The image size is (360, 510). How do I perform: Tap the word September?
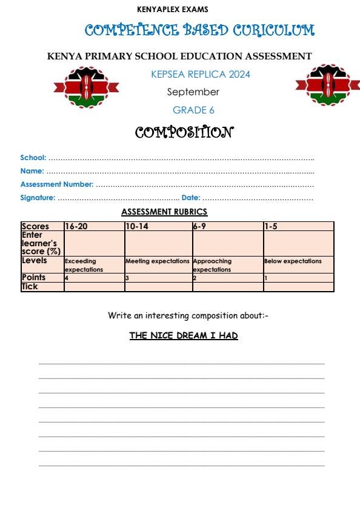(x=193, y=92)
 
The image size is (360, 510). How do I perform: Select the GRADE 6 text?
(x=193, y=110)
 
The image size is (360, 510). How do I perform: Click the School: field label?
(x=33, y=158)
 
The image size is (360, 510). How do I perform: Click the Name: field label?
(x=33, y=171)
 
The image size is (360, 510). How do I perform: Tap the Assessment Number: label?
(x=57, y=184)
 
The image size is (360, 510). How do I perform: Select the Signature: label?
(x=38, y=198)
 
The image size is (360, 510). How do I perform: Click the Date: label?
(x=191, y=198)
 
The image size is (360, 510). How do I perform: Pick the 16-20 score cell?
(x=94, y=226)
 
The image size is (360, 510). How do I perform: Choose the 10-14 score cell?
(x=158, y=226)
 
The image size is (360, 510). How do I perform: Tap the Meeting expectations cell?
(x=158, y=261)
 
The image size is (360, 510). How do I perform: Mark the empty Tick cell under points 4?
(x=94, y=287)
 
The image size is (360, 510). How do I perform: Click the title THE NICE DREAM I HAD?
(x=184, y=335)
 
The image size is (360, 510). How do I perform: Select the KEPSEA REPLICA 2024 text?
(x=200, y=75)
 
